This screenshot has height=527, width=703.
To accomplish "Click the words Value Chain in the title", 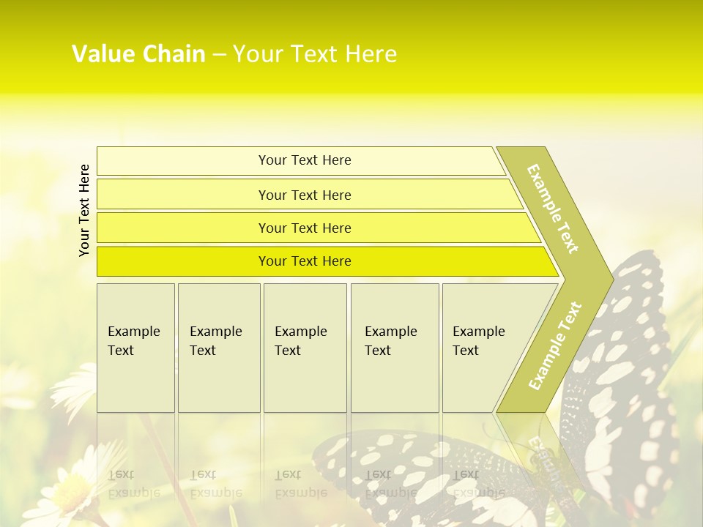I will coord(138,54).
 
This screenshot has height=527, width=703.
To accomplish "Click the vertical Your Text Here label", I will coord(84,210).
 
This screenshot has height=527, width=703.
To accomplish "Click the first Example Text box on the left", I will coord(135,348).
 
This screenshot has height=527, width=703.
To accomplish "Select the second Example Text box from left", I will coord(219,348).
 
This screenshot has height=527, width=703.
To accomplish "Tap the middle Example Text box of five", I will coord(305,348).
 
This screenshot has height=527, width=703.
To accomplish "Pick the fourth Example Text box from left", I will coord(395,348).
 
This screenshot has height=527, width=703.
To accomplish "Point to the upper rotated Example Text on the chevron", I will coord(553,209).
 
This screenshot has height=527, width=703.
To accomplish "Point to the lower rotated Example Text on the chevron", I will coord(555,345).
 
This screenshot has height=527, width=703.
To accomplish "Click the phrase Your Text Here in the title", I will coord(315,54).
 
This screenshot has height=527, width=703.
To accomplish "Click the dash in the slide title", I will coord(219,55).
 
